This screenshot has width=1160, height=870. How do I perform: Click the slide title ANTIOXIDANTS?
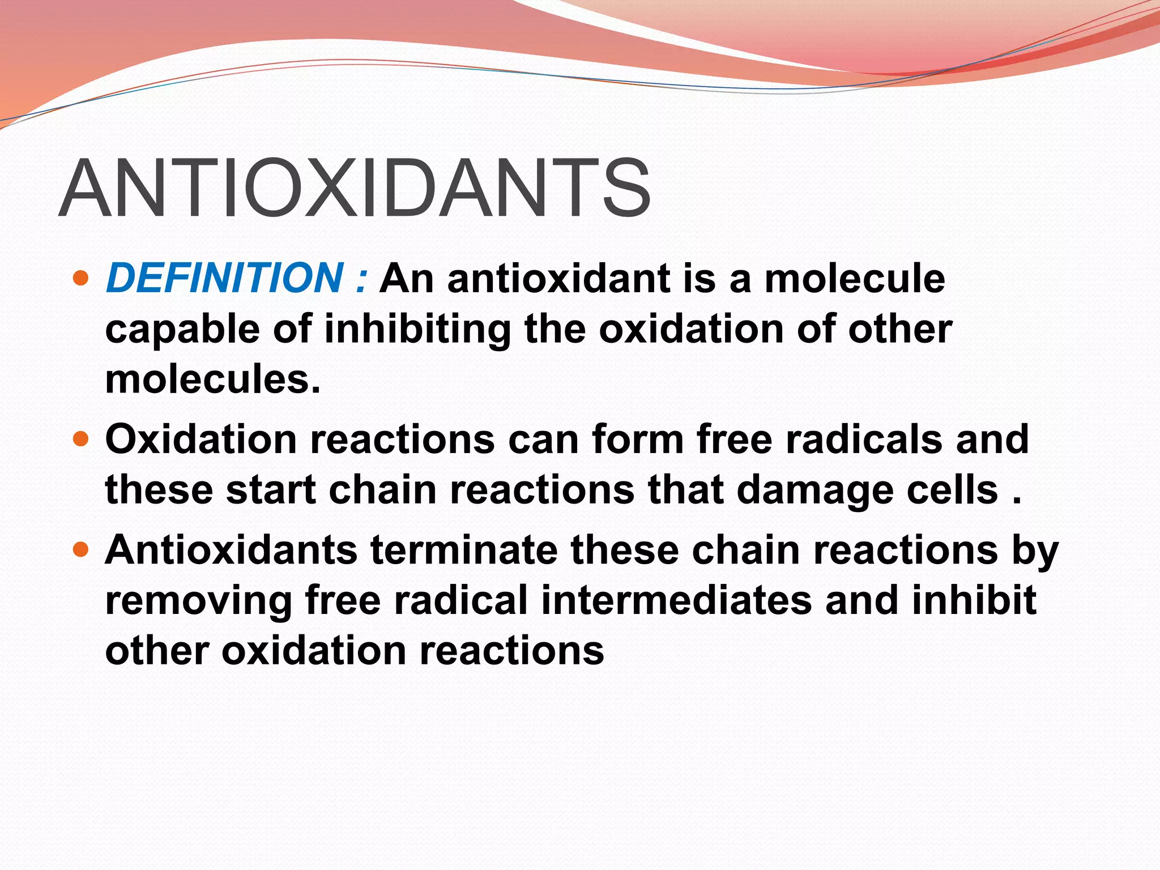(x=355, y=189)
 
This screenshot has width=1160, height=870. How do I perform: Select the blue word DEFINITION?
(x=224, y=278)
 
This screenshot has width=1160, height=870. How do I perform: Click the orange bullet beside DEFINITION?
(x=82, y=278)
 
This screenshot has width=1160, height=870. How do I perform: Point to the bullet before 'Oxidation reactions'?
(x=82, y=439)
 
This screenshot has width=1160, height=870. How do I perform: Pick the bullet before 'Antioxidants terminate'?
(x=82, y=549)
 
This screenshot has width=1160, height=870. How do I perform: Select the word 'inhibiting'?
(x=417, y=330)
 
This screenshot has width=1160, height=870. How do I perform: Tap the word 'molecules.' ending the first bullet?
(x=213, y=379)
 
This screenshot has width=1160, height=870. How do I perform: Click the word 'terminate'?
(x=464, y=550)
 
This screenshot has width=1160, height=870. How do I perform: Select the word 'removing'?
(x=198, y=601)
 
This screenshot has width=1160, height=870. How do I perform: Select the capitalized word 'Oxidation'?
(x=201, y=440)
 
